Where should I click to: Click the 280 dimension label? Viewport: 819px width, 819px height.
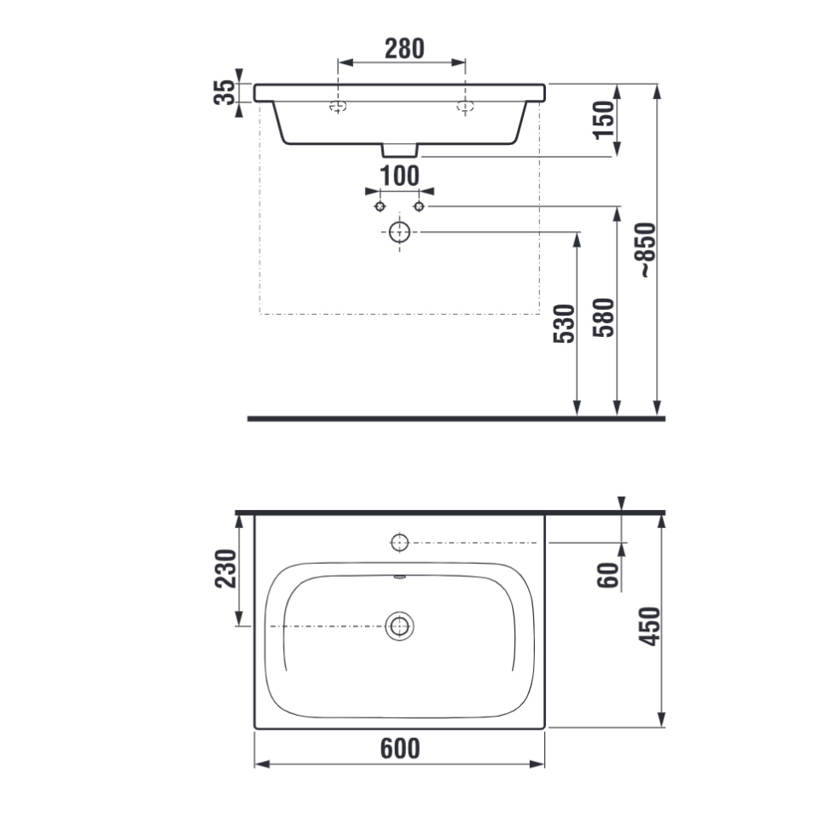pos(404,49)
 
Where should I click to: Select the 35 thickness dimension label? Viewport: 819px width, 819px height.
pos(224,92)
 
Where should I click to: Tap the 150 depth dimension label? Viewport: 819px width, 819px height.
pos(604,120)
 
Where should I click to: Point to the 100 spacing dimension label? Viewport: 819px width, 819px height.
pos(399,176)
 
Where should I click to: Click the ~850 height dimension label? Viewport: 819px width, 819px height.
pos(648,250)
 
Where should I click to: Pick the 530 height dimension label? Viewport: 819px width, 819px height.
pos(564,324)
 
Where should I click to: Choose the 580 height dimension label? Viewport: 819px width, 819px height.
pos(604,317)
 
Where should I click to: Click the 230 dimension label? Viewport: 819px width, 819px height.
pos(225,568)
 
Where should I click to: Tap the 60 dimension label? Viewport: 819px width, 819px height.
pos(608,575)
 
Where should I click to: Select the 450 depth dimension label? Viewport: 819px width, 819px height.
pos(650,626)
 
